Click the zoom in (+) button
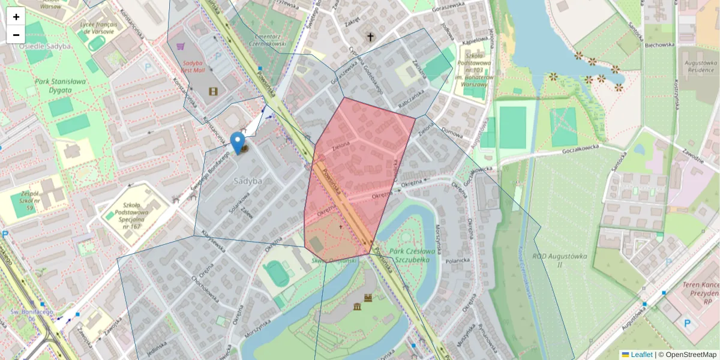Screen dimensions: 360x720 point(16,17)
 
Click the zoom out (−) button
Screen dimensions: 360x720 point(16,35)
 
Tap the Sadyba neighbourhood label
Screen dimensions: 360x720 point(248,181)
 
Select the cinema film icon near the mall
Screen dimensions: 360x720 point(213,91)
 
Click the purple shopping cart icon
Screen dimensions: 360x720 point(179,45)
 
